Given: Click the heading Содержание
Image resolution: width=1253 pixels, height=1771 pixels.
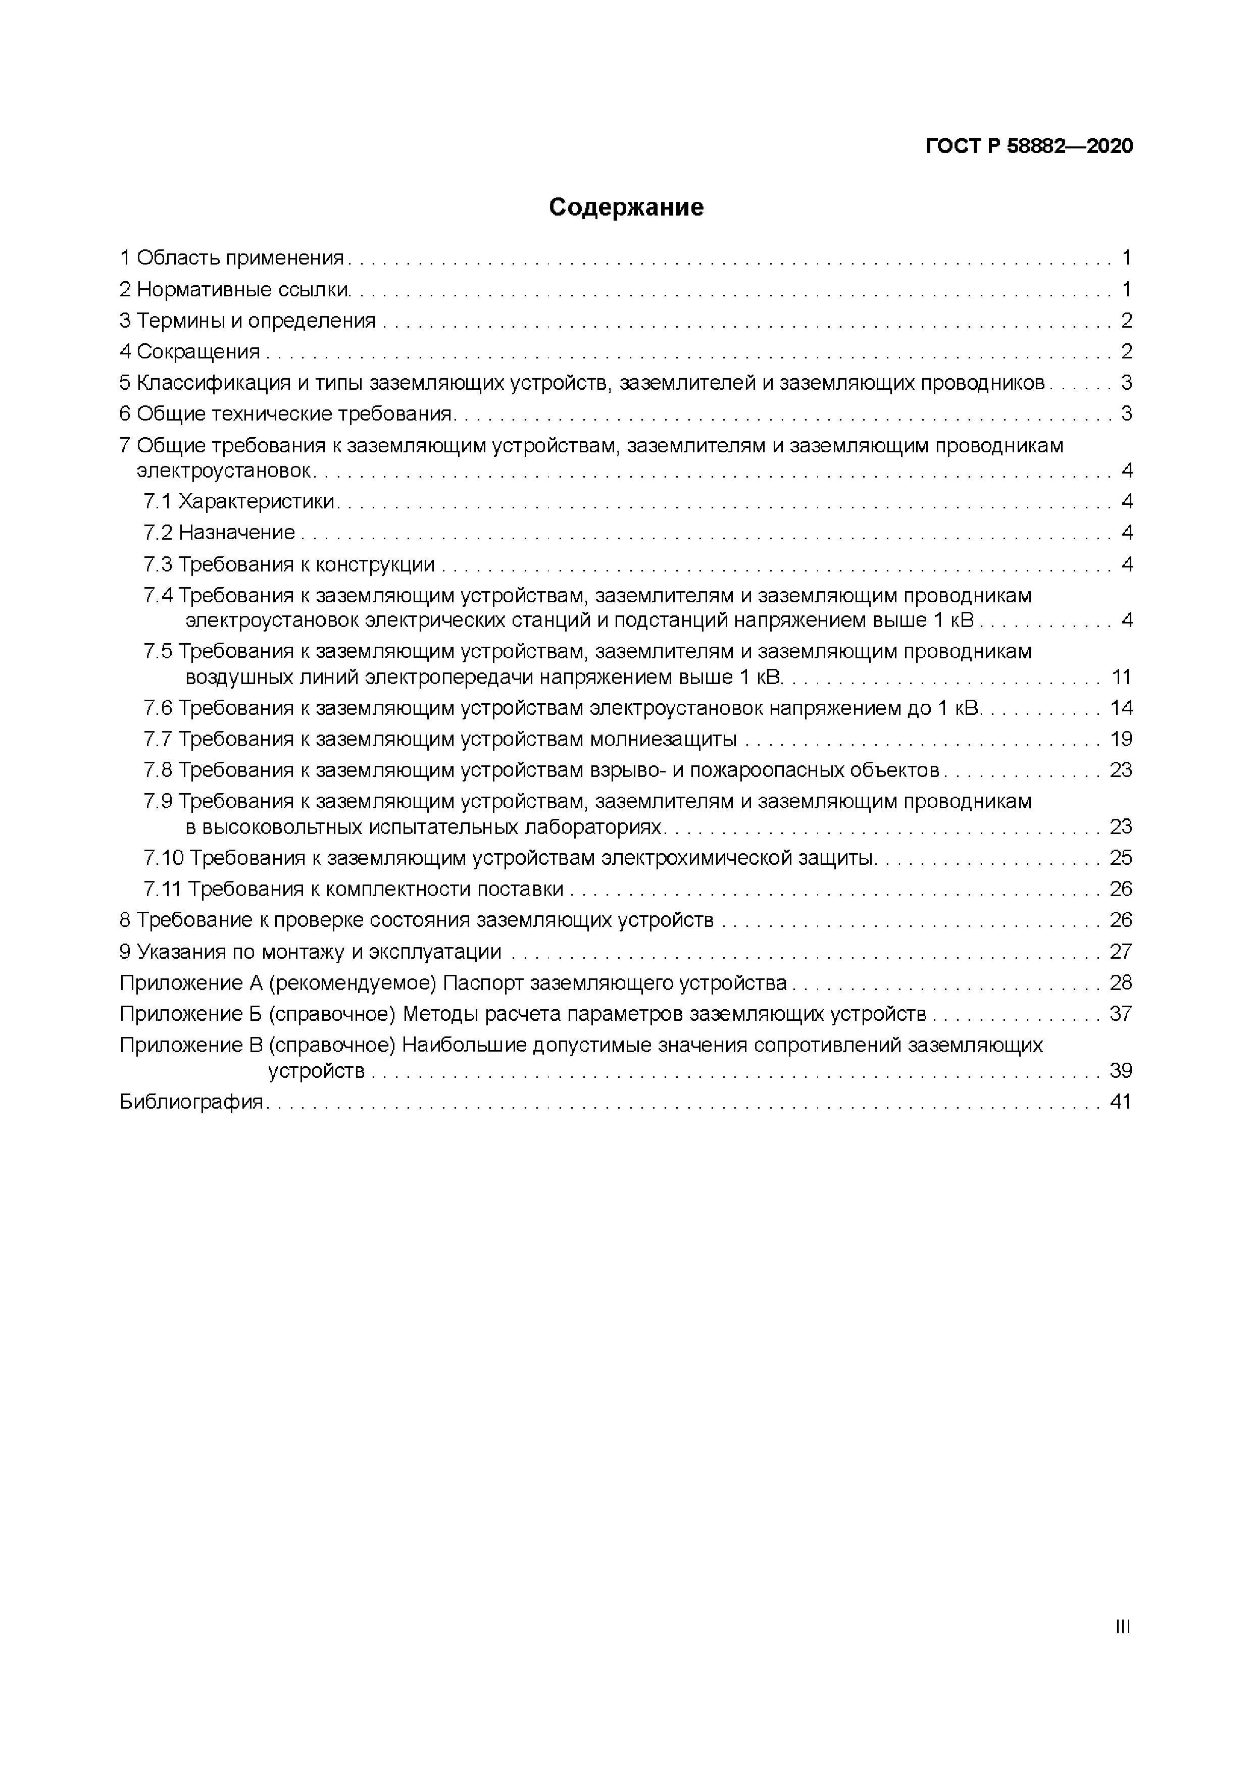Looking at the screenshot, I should (626, 207).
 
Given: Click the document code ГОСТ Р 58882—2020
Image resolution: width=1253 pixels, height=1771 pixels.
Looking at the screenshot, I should (1029, 146).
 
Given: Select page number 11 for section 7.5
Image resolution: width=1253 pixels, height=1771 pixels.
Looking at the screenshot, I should (1120, 677).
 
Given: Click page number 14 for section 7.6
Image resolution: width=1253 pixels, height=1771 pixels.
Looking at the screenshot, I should (1120, 708).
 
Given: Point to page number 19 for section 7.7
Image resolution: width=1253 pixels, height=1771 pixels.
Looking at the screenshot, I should (1120, 739).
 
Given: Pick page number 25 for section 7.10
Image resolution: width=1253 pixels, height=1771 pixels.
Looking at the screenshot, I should (1120, 858).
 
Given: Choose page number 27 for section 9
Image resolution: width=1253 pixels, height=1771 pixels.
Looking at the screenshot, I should (1120, 951).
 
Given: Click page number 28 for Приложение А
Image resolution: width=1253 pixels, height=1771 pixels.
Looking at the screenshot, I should (1120, 983).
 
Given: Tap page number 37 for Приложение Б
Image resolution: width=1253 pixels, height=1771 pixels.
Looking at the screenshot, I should (1120, 1014).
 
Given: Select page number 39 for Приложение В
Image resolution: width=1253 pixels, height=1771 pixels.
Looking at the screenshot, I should (1120, 1071).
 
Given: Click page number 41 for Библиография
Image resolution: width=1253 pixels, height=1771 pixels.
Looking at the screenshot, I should (1120, 1102).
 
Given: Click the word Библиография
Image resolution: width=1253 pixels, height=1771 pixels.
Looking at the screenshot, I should (192, 1102).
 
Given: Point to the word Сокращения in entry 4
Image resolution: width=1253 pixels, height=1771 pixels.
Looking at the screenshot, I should (198, 352).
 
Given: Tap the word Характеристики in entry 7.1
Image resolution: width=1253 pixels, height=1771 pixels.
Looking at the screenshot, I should (257, 501).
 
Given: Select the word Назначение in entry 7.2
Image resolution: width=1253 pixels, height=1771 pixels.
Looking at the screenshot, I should (237, 532).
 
